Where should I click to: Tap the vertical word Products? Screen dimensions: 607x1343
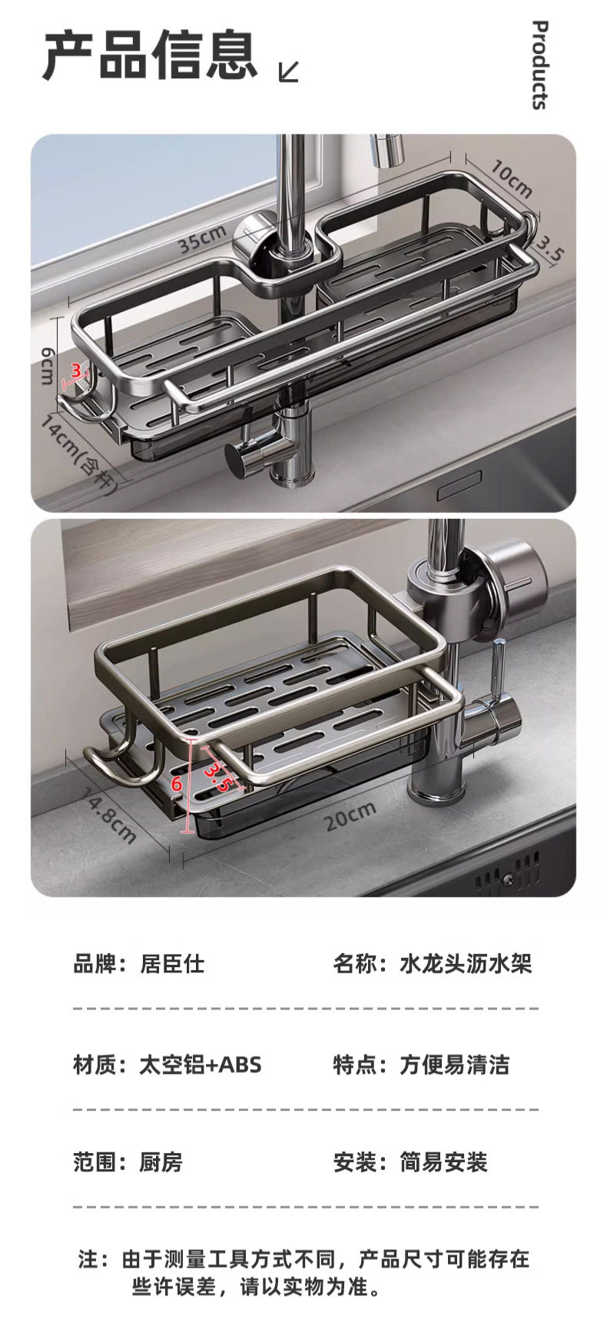pos(540,65)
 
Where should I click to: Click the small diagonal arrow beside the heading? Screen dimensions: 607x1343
pos(288,71)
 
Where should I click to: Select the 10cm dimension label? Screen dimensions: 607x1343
pos(511,180)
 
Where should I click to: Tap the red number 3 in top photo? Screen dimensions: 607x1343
pos(75,371)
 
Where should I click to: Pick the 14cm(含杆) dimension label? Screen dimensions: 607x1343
pos(80,454)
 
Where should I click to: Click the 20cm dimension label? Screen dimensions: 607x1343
pos(350,816)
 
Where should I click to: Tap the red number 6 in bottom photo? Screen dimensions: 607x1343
pos(177,784)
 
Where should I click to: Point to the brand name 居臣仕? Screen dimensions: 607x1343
pos(172,963)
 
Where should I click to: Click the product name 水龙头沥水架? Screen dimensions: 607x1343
pos(466,963)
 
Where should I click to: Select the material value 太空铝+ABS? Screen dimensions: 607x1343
pos(200,1065)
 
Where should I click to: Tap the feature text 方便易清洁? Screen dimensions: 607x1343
pos(454,1065)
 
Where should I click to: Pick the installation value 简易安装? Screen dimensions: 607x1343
pos(443,1162)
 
